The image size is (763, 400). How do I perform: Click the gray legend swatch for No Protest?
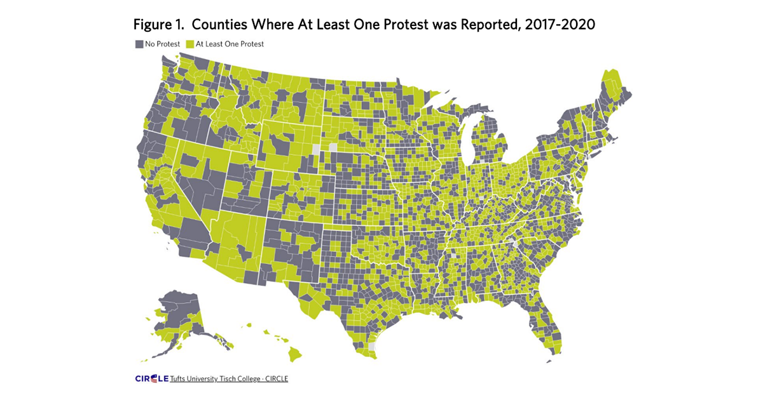[x=139, y=44]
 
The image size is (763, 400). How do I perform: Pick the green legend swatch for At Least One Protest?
[x=189, y=44]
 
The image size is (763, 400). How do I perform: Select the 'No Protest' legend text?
[x=162, y=44]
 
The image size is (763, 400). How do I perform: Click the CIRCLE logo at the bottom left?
[x=151, y=379]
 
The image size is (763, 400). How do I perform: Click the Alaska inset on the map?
[x=178, y=314]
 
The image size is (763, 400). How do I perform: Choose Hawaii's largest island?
[x=294, y=351]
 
